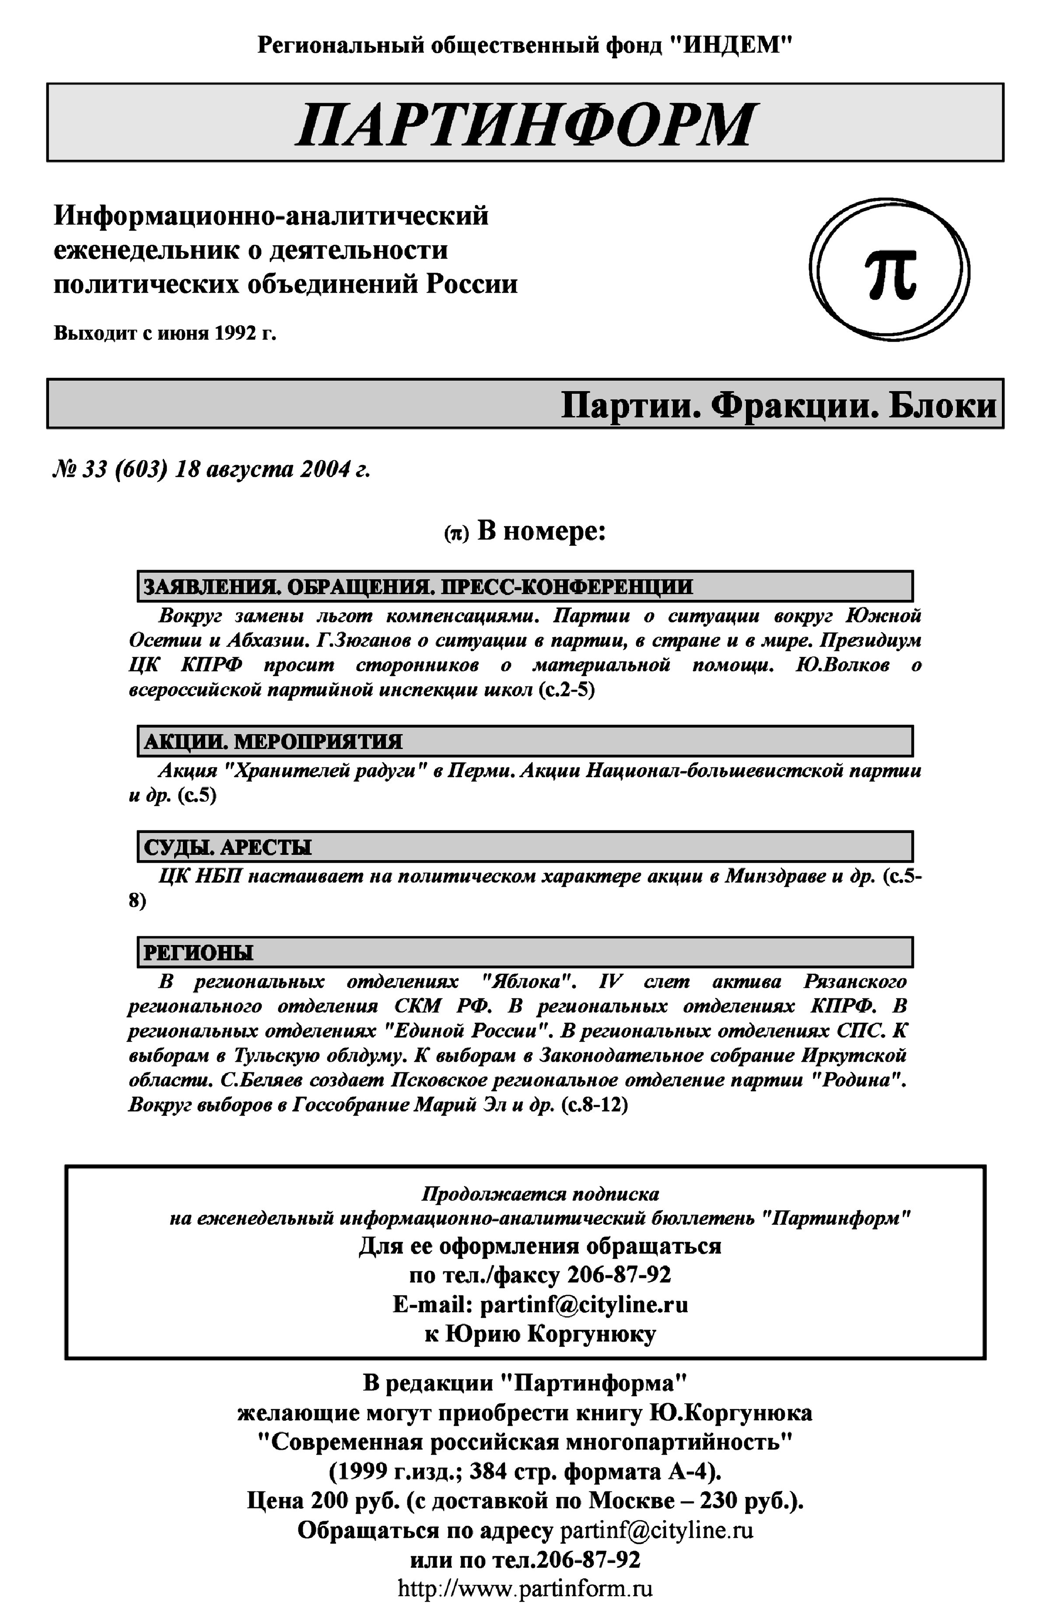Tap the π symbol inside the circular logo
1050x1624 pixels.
coord(890,273)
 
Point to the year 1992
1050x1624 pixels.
coord(236,334)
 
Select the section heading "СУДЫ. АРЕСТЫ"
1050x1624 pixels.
coord(228,847)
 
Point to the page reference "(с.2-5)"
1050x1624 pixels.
coord(566,690)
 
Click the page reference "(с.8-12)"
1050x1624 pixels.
coord(594,1105)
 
